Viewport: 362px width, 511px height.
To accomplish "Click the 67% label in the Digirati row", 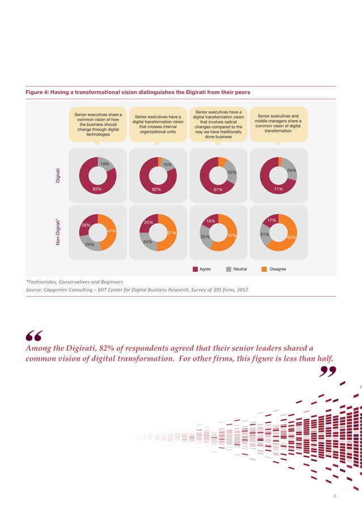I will pyautogui.click(x=217, y=190).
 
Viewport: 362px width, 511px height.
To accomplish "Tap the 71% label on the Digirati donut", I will pyautogui.click(x=278, y=189).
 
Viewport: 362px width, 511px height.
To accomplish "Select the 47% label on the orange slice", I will pyautogui.click(x=111, y=231).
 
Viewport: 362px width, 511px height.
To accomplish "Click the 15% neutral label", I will pyautogui.click(x=167, y=165).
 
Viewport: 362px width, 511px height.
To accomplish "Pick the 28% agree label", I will pyautogui.click(x=86, y=225).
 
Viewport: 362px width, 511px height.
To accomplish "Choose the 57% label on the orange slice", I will pyautogui.click(x=231, y=235).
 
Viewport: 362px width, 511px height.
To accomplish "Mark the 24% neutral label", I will pyautogui.click(x=148, y=242).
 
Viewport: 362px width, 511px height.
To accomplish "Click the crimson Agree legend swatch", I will pyautogui.click(x=195, y=269).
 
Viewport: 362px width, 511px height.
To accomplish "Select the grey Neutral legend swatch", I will pyautogui.click(x=229, y=269).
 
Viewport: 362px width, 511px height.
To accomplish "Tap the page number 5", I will pyautogui.click(x=335, y=496).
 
